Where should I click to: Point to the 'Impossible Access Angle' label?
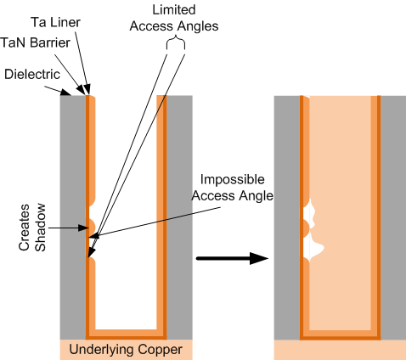click(x=234, y=188)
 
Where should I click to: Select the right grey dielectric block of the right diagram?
click(x=392, y=212)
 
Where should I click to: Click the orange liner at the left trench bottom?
click(x=127, y=332)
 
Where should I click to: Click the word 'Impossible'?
click(x=233, y=180)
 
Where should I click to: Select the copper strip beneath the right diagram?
click(x=340, y=350)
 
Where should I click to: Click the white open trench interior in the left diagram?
click(x=127, y=212)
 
